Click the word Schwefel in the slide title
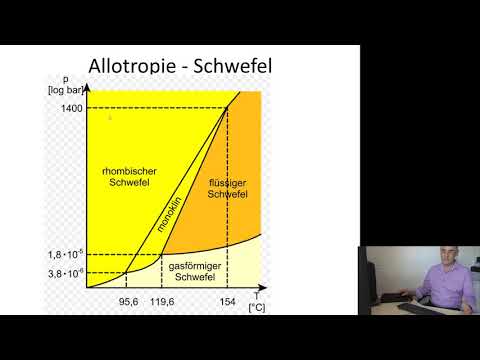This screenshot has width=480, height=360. click(x=229, y=67)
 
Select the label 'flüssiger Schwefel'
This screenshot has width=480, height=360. click(x=227, y=188)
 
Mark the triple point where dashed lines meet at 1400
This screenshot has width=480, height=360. click(x=227, y=107)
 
